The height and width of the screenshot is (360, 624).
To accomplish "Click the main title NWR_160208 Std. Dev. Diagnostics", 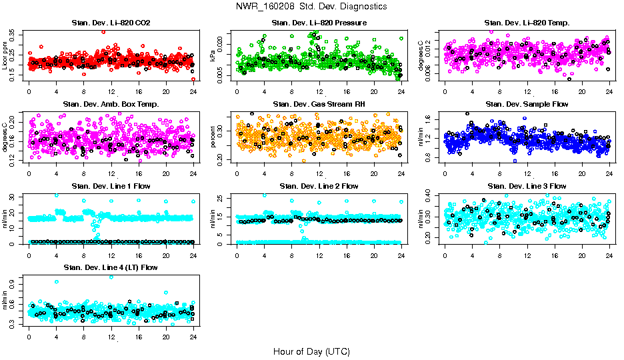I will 311,7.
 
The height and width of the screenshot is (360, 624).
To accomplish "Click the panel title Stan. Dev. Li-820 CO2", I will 111,23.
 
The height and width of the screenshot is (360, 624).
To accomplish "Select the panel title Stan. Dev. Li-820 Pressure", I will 319,23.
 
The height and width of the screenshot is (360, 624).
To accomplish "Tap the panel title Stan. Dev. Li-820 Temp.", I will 527,23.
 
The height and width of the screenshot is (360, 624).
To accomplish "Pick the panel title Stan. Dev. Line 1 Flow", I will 111,186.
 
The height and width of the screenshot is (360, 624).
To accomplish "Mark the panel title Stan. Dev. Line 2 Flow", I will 319,186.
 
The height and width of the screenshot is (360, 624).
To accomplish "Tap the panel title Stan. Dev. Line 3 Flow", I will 527,186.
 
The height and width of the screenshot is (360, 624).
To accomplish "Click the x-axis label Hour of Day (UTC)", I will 311,351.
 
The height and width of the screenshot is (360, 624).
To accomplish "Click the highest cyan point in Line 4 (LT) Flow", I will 111,277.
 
